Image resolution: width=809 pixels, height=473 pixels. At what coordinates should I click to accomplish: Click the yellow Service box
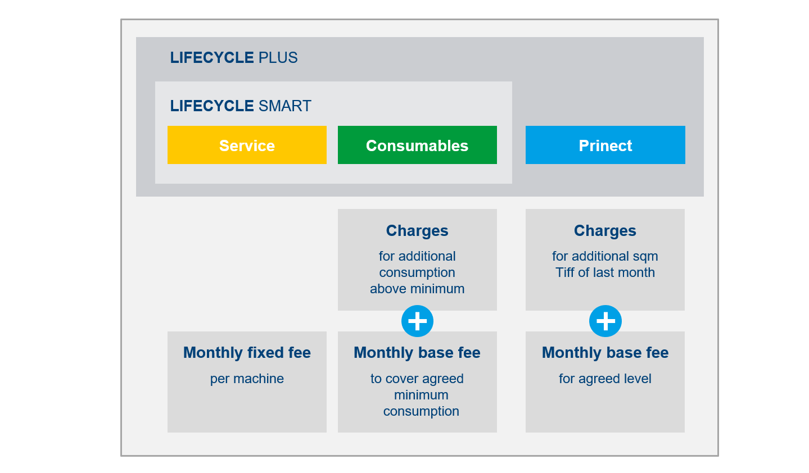coord(247,145)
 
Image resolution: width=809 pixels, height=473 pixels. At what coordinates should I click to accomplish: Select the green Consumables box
coord(417,145)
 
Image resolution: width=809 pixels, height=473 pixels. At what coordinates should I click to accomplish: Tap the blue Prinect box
coord(605,145)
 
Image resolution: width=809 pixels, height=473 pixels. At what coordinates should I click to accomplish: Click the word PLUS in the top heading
coord(278,58)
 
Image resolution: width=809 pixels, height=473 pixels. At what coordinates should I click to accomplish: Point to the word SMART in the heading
coord(285,106)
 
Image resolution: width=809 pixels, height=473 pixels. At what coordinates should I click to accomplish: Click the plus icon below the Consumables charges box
coord(417,321)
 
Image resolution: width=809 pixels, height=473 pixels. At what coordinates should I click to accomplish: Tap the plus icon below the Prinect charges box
coord(605,321)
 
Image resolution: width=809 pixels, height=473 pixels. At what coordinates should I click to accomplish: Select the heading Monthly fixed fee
coord(247,352)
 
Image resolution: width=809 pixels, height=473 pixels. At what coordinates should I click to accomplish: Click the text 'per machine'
coord(247,379)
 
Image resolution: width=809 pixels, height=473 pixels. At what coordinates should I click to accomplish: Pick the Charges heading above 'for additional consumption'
coord(417,230)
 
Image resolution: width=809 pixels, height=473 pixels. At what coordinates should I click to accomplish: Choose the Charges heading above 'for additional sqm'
coord(605,230)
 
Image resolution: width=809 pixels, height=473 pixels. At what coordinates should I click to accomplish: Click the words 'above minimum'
coord(417,289)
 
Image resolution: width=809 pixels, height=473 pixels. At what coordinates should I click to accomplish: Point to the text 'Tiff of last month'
coord(605,272)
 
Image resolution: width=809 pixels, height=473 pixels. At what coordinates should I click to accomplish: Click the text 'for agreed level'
coord(605,379)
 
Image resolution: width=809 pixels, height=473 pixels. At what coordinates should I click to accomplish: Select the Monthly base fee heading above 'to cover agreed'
coord(417,352)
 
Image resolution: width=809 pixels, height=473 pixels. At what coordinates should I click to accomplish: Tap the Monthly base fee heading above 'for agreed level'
coord(605,352)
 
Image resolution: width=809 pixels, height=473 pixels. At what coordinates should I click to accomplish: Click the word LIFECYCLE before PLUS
coord(211,58)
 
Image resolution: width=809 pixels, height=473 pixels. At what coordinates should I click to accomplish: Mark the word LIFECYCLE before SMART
coord(211,106)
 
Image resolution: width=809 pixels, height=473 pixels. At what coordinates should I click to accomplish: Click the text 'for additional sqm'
coord(605,256)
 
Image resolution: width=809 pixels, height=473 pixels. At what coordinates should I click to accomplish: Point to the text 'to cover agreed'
coord(417,379)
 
